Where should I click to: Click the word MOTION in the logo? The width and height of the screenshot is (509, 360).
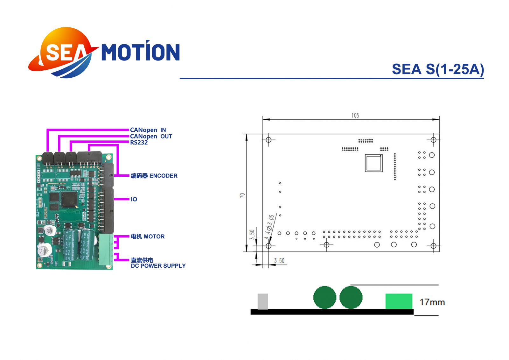point(140,52)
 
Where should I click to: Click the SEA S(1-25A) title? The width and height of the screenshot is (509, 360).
point(437,69)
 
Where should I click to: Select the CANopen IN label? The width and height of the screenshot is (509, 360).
point(148,130)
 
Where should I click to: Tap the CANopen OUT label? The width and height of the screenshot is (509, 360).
point(151,136)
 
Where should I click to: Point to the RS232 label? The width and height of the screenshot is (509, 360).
point(139,143)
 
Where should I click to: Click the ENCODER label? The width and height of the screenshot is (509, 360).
point(154,176)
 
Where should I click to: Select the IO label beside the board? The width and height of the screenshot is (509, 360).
point(134,199)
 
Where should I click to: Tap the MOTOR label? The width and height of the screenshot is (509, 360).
point(148,236)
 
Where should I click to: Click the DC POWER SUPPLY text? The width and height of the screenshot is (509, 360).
point(158,266)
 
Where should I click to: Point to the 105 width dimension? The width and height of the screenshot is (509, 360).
point(355,116)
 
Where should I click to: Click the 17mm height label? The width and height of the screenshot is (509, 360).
point(432,302)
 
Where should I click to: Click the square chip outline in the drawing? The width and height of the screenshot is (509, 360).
point(373,163)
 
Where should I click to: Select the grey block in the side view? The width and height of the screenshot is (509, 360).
point(262,301)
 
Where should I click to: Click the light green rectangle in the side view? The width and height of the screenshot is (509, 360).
point(399,301)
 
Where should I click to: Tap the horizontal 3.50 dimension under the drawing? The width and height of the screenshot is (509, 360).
point(279,261)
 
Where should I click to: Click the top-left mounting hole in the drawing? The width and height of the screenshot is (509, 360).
point(268,140)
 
